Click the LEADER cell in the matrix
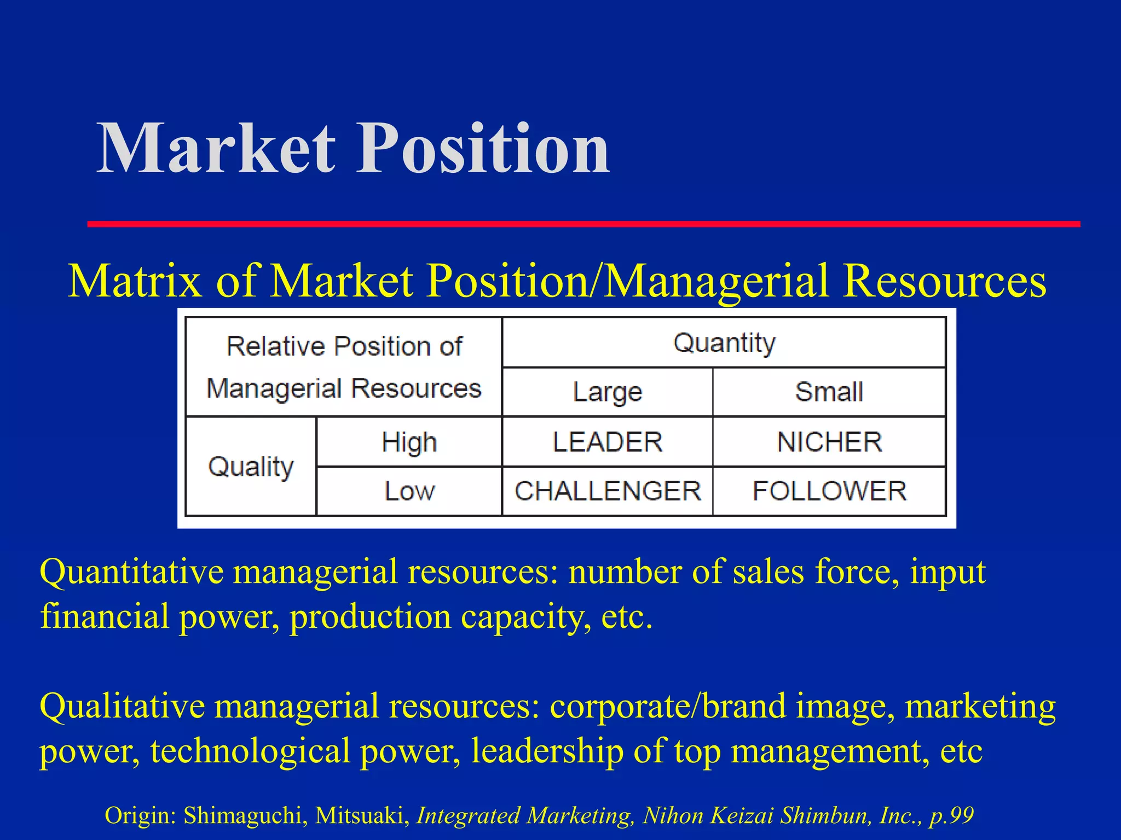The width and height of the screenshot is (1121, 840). click(608, 442)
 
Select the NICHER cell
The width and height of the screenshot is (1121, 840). click(829, 442)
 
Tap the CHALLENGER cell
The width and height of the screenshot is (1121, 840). click(608, 491)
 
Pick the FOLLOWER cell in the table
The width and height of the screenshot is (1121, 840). click(829, 491)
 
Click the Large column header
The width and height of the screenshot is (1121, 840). click(608, 392)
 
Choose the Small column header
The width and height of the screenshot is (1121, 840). click(829, 392)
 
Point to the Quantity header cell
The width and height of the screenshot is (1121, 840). click(724, 343)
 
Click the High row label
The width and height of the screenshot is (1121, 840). click(409, 442)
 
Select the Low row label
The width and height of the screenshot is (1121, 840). click(409, 491)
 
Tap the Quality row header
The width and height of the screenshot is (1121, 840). click(251, 466)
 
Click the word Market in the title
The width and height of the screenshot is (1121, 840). click(216, 149)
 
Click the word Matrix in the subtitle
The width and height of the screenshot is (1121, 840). click(135, 281)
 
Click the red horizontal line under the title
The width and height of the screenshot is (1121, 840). click(583, 224)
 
